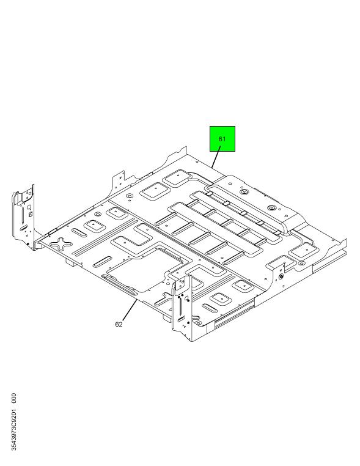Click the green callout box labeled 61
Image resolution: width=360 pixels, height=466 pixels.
click(x=222, y=139)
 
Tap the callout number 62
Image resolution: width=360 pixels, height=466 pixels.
click(x=119, y=324)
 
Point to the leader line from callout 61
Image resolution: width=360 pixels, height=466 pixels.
click(x=216, y=159)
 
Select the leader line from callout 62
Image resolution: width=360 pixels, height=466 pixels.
click(x=130, y=310)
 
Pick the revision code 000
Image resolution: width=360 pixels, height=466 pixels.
click(x=13, y=398)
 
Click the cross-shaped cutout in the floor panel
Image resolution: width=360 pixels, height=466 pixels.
click(x=61, y=243)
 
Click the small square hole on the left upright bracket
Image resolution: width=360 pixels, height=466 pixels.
click(x=30, y=213)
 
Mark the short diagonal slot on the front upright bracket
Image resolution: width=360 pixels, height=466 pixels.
click(x=181, y=319)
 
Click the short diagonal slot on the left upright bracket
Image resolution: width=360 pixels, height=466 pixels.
click(x=23, y=228)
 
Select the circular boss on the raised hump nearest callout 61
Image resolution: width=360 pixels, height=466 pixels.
click(x=244, y=191)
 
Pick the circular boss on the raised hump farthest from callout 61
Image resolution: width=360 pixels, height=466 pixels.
click(x=272, y=208)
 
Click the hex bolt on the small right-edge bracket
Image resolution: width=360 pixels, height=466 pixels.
click(x=281, y=276)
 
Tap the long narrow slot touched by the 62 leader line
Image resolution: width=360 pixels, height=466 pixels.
click(x=119, y=285)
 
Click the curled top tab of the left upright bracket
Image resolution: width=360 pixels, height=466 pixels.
click(x=16, y=198)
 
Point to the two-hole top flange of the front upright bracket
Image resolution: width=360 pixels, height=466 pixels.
click(x=181, y=283)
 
